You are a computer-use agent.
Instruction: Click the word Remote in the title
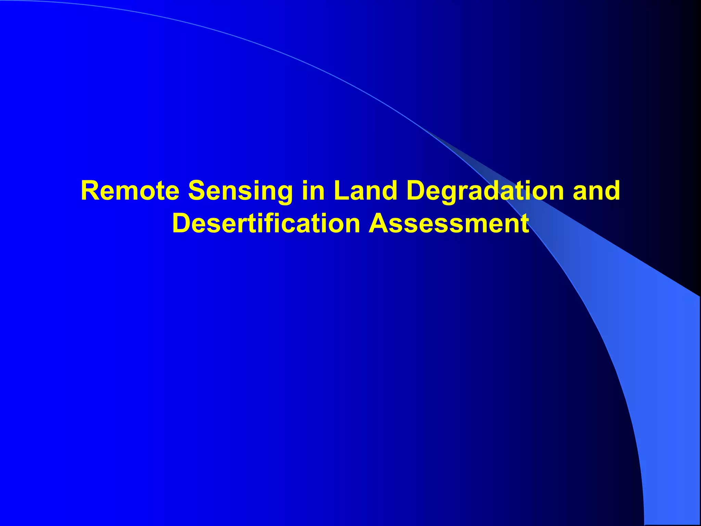(x=130, y=191)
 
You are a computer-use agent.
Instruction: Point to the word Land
(x=365, y=191)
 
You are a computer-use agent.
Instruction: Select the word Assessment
(x=449, y=223)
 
